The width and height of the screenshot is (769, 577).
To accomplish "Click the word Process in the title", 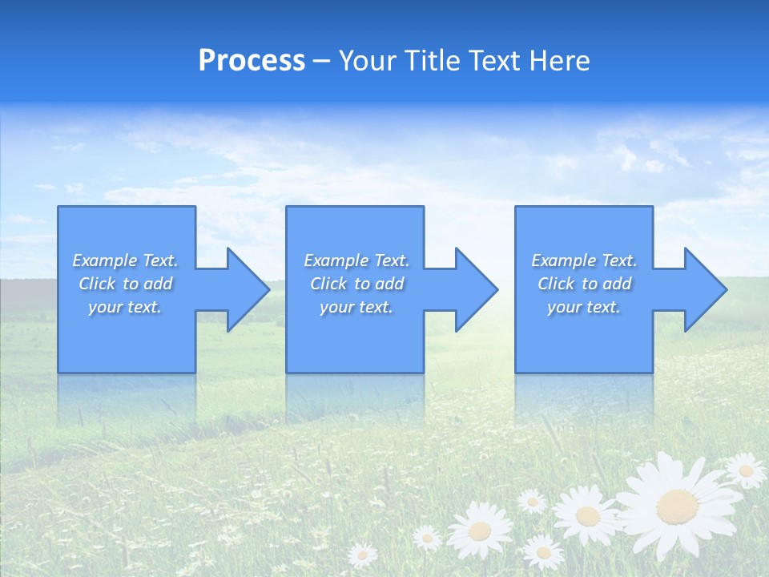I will pos(252,61).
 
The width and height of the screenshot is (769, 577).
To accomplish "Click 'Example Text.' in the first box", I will pos(125,260).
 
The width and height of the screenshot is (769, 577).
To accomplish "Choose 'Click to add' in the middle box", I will pos(356,284).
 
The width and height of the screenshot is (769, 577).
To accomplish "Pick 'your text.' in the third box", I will pos(584,307).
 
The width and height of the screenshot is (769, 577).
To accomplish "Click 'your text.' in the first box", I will pos(125,307).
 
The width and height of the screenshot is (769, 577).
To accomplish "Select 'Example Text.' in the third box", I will pos(584,260).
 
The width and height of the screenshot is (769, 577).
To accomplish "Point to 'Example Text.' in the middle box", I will pos(356,260).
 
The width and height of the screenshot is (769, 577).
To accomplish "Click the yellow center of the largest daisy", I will pos(677,505).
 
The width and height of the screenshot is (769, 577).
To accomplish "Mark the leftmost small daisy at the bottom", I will pos(362,554).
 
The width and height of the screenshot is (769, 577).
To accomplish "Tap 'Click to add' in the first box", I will pos(125,284).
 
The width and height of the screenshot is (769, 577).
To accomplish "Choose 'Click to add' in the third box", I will pos(584,284).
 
